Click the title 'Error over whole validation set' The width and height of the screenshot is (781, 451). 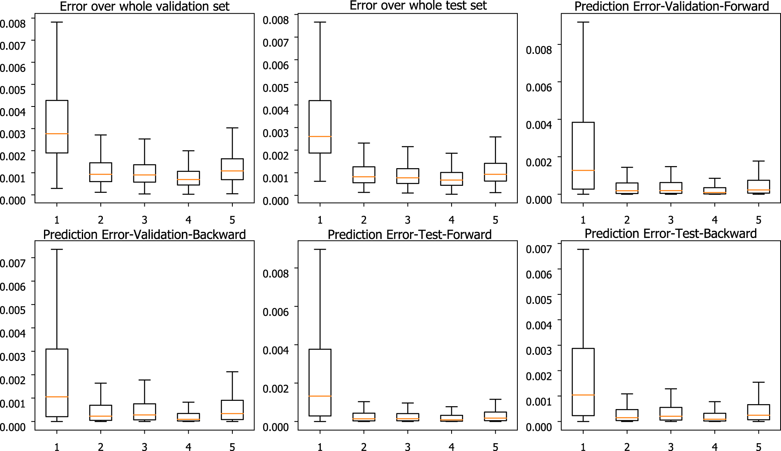click(144, 6)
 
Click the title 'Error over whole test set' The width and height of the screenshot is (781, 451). click(418, 5)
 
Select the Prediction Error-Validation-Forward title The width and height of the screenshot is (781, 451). click(671, 6)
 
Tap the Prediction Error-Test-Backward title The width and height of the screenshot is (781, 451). click(670, 234)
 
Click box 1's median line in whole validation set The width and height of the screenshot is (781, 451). click(57, 134)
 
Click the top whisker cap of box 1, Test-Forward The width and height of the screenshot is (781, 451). click(320, 250)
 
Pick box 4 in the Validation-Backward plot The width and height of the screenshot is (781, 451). click(188, 416)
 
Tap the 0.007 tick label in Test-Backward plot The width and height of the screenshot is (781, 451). click(539, 249)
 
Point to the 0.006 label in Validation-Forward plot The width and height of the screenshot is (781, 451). click(539, 87)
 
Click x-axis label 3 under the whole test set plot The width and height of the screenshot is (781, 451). click(408, 220)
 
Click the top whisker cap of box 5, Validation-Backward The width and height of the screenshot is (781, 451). click(232, 372)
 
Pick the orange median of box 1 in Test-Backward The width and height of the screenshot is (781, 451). click(583, 395)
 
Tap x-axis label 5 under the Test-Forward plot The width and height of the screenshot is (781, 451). click(495, 447)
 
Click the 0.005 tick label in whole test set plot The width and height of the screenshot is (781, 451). click(276, 88)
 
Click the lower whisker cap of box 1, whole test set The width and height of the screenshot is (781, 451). click(320, 181)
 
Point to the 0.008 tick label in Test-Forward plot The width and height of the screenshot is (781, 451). click(276, 274)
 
